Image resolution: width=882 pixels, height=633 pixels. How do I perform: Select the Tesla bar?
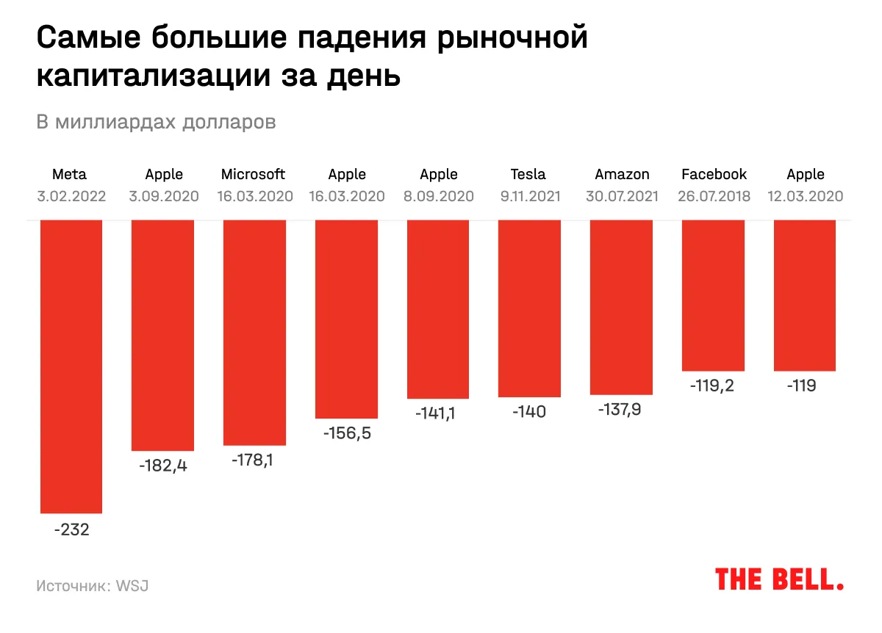529,308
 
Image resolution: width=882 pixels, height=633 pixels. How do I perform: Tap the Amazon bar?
621,307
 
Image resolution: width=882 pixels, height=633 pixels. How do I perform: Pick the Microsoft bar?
254,332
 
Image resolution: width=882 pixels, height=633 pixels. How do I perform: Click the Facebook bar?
713,295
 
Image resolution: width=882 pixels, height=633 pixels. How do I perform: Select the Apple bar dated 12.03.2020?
805,295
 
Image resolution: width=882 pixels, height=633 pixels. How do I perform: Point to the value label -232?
71,529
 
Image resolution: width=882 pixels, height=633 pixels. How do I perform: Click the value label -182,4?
163,466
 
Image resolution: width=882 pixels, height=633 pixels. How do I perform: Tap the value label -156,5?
347,433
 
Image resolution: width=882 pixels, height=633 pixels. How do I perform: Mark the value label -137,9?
621,410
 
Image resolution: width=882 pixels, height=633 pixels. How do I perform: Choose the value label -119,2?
713,386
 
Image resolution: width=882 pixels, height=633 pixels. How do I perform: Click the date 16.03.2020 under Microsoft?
255,197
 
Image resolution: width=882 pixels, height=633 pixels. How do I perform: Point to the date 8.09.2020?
438,197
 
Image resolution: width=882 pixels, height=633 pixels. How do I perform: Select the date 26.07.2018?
714,197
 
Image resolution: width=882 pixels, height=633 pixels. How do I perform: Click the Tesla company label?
528,175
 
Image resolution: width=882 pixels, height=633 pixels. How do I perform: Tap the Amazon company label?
622,175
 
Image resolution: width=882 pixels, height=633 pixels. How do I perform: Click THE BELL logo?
779,579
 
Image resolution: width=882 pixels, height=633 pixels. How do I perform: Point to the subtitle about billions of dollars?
157,122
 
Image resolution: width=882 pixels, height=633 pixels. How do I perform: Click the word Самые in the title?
90,39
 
